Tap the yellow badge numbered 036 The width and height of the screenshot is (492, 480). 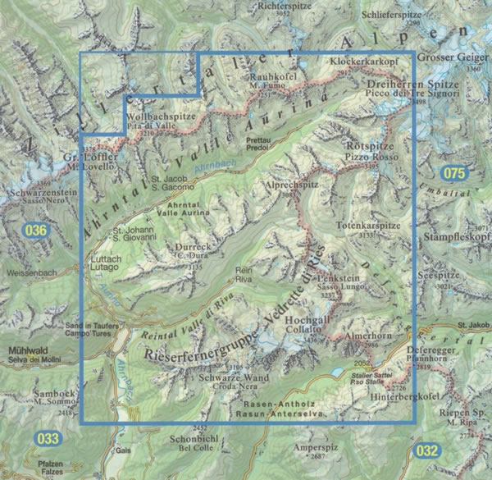37,231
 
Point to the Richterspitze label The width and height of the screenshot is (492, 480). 262,6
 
